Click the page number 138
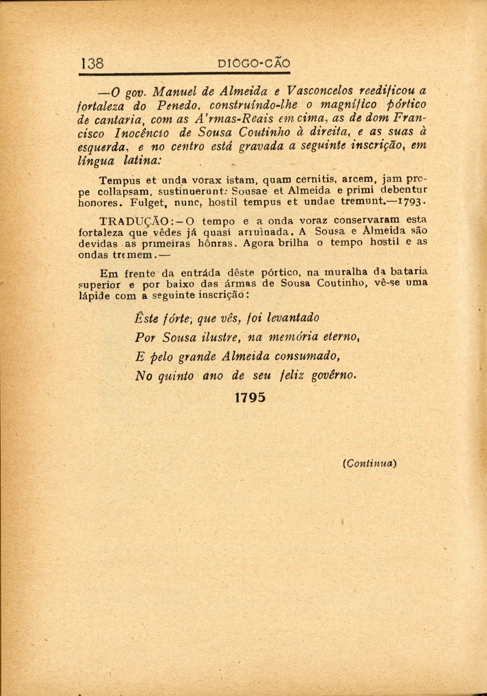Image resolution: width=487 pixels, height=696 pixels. tap(93, 63)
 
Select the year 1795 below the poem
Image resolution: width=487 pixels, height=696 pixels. tap(250, 397)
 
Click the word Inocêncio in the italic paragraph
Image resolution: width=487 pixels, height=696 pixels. tap(142, 132)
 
